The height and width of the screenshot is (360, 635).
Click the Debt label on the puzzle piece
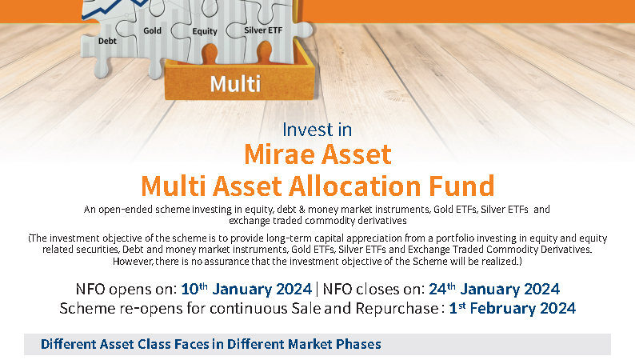(x=107, y=41)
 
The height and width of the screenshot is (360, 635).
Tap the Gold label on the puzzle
(x=152, y=30)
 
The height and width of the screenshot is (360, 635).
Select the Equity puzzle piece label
(x=205, y=31)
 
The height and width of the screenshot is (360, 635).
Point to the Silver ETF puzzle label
(x=263, y=30)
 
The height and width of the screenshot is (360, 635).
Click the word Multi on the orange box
(x=235, y=84)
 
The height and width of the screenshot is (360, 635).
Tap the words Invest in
(x=317, y=130)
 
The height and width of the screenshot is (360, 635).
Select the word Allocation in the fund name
(x=355, y=186)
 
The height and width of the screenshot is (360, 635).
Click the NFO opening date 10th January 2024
(x=246, y=289)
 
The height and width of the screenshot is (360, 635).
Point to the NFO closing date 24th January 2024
(x=494, y=289)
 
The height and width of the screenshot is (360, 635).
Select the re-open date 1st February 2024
(x=513, y=308)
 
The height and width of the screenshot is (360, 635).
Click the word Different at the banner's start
(x=68, y=344)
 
